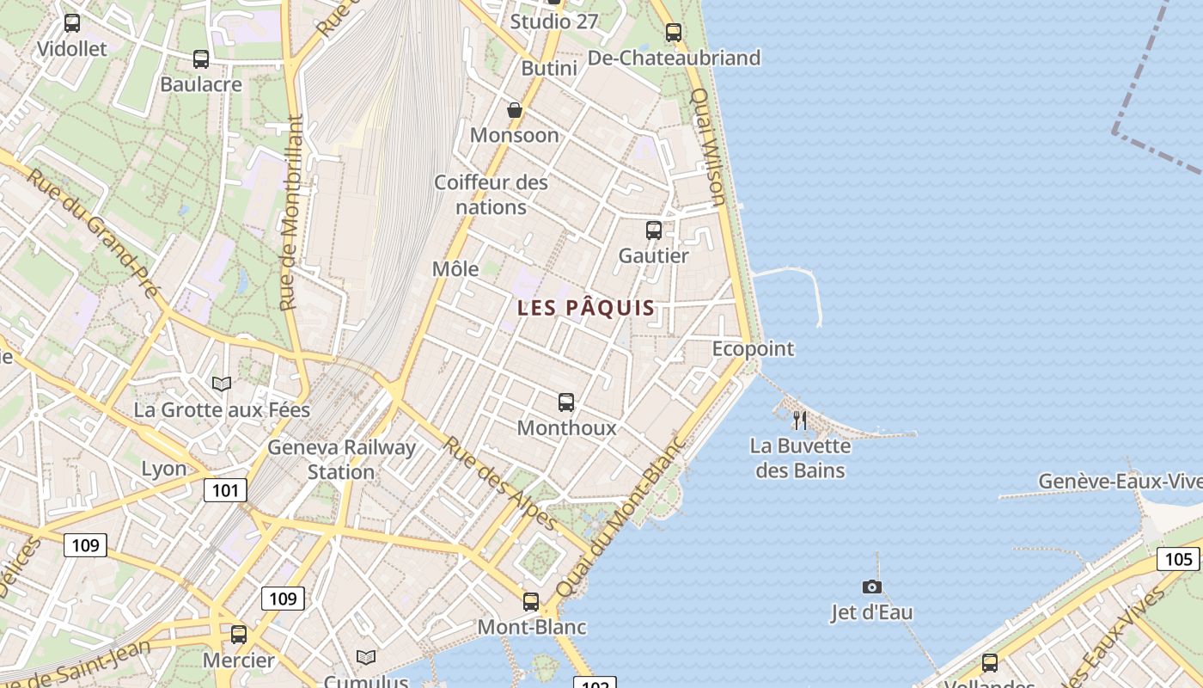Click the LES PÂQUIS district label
[x=586, y=308]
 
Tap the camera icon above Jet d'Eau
[x=872, y=587]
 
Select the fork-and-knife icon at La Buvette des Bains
[x=800, y=421]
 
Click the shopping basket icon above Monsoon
[x=515, y=110]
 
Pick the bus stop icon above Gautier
[x=654, y=230]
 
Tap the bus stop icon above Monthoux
[x=566, y=402]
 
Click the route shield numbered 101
[x=225, y=491]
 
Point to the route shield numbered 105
[x=1178, y=560]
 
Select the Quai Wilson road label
[x=709, y=146]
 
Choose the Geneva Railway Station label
[x=341, y=459]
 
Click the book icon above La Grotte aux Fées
[x=222, y=384]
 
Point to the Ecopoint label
[x=753, y=349]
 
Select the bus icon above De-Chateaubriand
[x=674, y=33]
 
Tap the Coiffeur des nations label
[x=491, y=194]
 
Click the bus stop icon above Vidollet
[x=72, y=23]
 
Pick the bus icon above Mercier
[x=239, y=635]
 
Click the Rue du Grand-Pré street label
[x=95, y=232]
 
